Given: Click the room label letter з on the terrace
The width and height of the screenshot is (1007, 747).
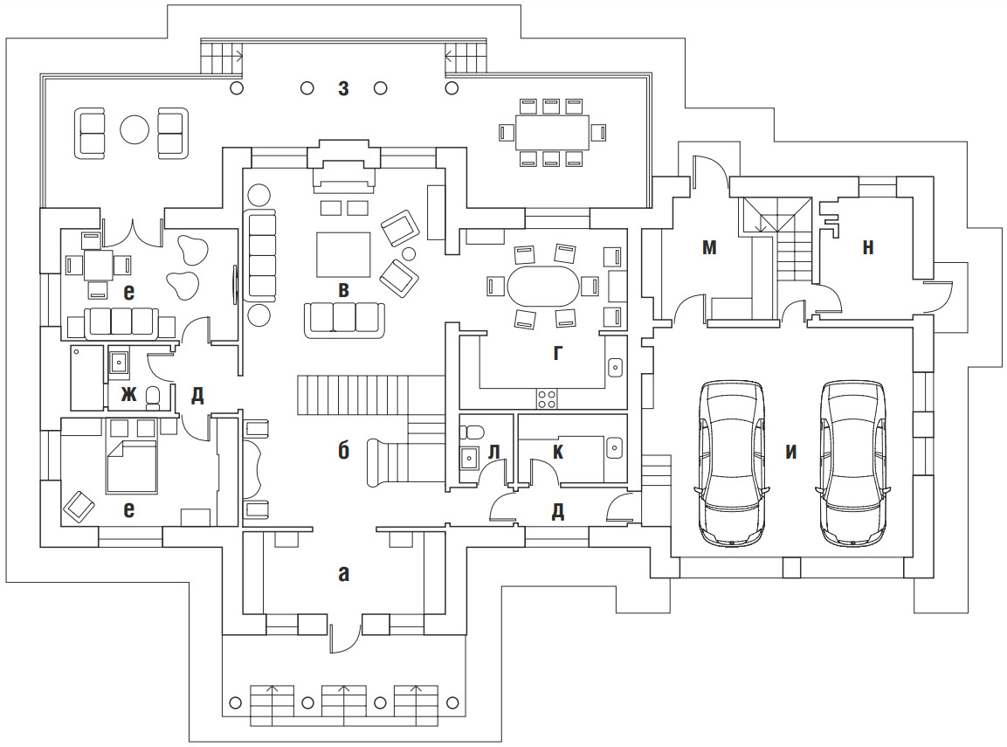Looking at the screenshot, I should coord(344,87).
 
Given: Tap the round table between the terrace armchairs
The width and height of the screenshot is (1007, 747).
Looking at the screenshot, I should coord(134,130).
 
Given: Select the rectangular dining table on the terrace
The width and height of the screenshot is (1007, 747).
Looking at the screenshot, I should coord(550,132).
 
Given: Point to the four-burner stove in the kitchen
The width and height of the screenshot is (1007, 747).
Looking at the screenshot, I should coord(548,398).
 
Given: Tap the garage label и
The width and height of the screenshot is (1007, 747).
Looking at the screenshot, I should coord(791,453).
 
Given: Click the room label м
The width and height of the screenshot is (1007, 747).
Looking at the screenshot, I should coord(709,248).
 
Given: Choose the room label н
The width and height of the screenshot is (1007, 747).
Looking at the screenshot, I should coord(867,248).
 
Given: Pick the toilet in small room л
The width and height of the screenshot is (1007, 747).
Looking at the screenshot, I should coord(472,432).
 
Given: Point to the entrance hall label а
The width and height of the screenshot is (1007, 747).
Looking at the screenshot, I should coord(343,573).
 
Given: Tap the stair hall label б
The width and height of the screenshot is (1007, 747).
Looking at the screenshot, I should coord(343,451).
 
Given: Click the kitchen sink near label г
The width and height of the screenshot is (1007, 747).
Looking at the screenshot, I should coord(615,367).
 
